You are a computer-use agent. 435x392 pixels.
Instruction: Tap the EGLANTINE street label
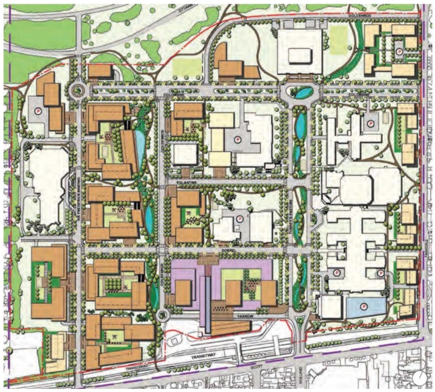pos(183,183)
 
